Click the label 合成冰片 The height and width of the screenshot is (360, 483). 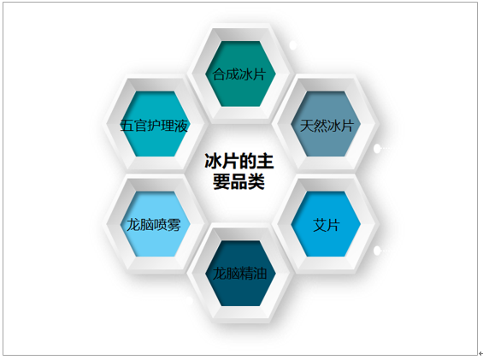pos(239,74)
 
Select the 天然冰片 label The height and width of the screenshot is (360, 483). pos(327,126)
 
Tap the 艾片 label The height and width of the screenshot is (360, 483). pos(327,225)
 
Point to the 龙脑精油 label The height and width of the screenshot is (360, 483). pos(239,274)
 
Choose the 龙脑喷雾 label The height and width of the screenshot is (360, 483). pos(154,225)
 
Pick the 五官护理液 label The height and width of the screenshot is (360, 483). pos(154,126)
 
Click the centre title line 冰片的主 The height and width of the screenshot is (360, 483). pos(239,162)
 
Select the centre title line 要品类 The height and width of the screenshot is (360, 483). pos(239,181)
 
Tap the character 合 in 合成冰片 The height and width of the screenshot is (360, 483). pos(219,74)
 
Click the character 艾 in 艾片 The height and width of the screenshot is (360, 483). pos(320,225)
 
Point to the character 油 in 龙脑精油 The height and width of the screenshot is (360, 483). pos(260,274)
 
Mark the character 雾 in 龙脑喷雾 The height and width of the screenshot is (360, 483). pos(174,225)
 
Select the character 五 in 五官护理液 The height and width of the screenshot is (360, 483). pos(127,126)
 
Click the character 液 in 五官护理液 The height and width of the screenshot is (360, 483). pos(181,126)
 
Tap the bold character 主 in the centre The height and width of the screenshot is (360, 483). pos(265,162)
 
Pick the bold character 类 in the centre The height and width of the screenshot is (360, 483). pos(256,182)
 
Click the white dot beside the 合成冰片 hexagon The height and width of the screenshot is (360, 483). pos(293,45)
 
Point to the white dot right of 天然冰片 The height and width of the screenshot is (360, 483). pos(377,149)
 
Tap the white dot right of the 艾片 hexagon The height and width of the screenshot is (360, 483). pos(377,251)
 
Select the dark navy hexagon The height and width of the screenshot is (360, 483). pos(240,274)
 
